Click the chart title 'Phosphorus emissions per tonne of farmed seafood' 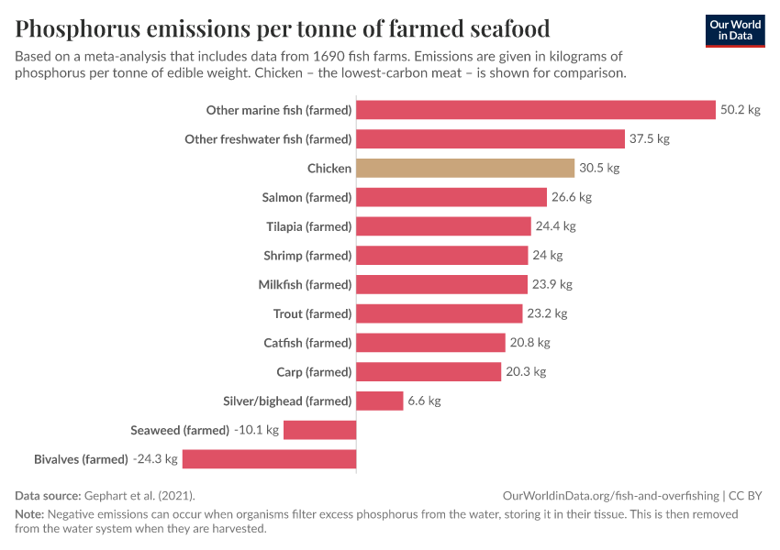tap(283, 27)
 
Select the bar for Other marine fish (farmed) tap(535, 110)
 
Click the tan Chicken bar tap(465, 168)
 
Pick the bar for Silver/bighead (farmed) tap(379, 401)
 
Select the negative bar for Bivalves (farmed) tap(269, 459)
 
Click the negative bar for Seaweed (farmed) tap(319, 430)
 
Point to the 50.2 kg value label tap(741, 110)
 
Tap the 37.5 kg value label tap(650, 139)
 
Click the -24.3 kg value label tap(154, 459)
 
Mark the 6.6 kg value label tap(424, 401)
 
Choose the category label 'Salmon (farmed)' tap(306, 197)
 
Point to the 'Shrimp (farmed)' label tap(307, 256)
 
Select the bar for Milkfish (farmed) tap(441, 284)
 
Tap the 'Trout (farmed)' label tap(312, 313)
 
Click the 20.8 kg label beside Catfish tap(529, 343)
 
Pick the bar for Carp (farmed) tap(429, 371)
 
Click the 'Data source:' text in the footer tap(48, 496)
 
